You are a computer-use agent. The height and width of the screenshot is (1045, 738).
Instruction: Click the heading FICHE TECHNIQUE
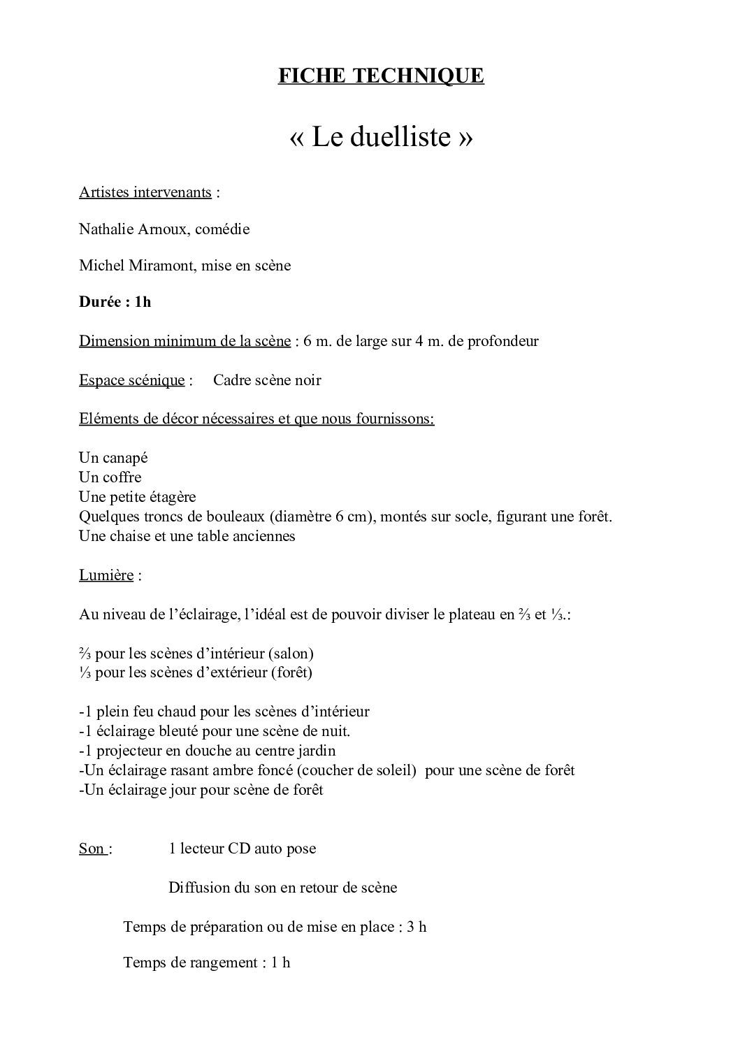[x=381, y=75]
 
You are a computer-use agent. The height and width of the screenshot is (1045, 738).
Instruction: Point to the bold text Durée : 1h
[x=115, y=302]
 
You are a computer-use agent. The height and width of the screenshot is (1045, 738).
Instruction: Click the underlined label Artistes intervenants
[x=145, y=192]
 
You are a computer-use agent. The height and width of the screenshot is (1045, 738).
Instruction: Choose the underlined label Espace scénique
[x=132, y=380]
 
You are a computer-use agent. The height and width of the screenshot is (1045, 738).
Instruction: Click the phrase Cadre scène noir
[x=267, y=380]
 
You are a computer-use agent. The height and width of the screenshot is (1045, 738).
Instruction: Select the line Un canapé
[x=113, y=458]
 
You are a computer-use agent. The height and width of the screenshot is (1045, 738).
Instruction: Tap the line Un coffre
[x=110, y=477]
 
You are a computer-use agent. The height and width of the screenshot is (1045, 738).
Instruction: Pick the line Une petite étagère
[x=137, y=497]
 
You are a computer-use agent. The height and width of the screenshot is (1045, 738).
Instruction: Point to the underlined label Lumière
[x=106, y=575]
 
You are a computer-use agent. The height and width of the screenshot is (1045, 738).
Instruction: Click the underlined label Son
[x=92, y=849]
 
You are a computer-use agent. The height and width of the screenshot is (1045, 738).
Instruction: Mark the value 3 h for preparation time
[x=417, y=927]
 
